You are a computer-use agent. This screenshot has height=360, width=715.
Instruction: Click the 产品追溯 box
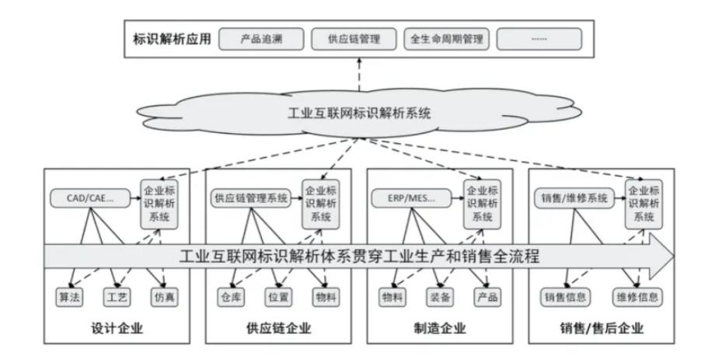coord(260,38)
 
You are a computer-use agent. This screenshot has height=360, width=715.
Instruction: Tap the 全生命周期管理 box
coord(445,38)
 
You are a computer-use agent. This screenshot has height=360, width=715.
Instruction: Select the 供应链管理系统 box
coord(249,198)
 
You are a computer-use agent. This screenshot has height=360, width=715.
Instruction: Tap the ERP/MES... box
coord(410,198)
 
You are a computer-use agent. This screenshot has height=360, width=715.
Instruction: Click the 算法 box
coord(69,296)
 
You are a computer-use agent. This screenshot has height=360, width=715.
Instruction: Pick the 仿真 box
coord(163,296)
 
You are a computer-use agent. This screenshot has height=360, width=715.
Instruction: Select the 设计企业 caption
coord(117,327)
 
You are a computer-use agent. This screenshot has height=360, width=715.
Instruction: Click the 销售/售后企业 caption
coord(602,327)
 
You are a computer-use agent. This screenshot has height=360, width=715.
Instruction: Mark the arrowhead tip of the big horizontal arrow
coord(674,256)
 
